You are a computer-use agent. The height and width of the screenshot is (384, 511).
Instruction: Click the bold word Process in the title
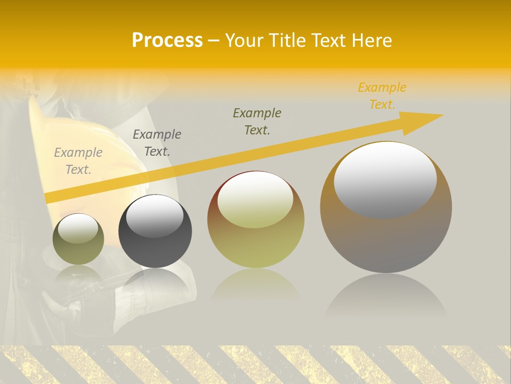pos(167,41)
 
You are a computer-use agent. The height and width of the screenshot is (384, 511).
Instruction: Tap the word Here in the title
pos(371,41)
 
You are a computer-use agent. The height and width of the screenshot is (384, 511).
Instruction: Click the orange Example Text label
pos(382,96)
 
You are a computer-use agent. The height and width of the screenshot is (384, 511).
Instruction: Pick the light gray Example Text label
pos(78,161)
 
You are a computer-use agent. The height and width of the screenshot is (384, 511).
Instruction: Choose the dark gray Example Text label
pos(157,143)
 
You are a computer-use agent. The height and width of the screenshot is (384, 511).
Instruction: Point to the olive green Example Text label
pos(257,122)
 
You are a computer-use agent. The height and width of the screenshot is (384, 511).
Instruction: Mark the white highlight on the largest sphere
pos(385,179)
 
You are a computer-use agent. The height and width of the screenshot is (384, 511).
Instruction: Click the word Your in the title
pos(245,41)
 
